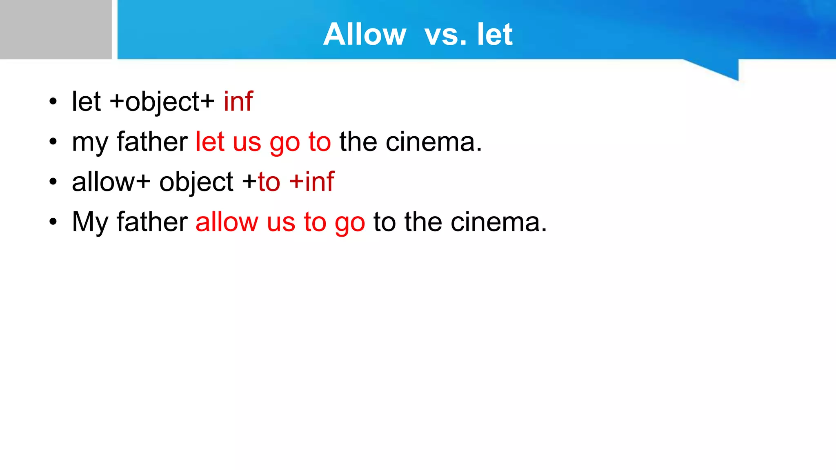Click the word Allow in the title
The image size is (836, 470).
click(x=365, y=34)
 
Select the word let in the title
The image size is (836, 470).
click(x=494, y=34)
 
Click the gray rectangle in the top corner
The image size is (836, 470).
click(x=56, y=29)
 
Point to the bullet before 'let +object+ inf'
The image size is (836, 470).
click(x=53, y=102)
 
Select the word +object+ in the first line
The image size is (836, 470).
click(x=162, y=102)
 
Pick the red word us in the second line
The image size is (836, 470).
click(x=247, y=142)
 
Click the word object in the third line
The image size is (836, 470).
click(x=196, y=182)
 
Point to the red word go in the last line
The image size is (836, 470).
click(x=349, y=223)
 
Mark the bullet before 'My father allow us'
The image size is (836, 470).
click(x=53, y=222)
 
